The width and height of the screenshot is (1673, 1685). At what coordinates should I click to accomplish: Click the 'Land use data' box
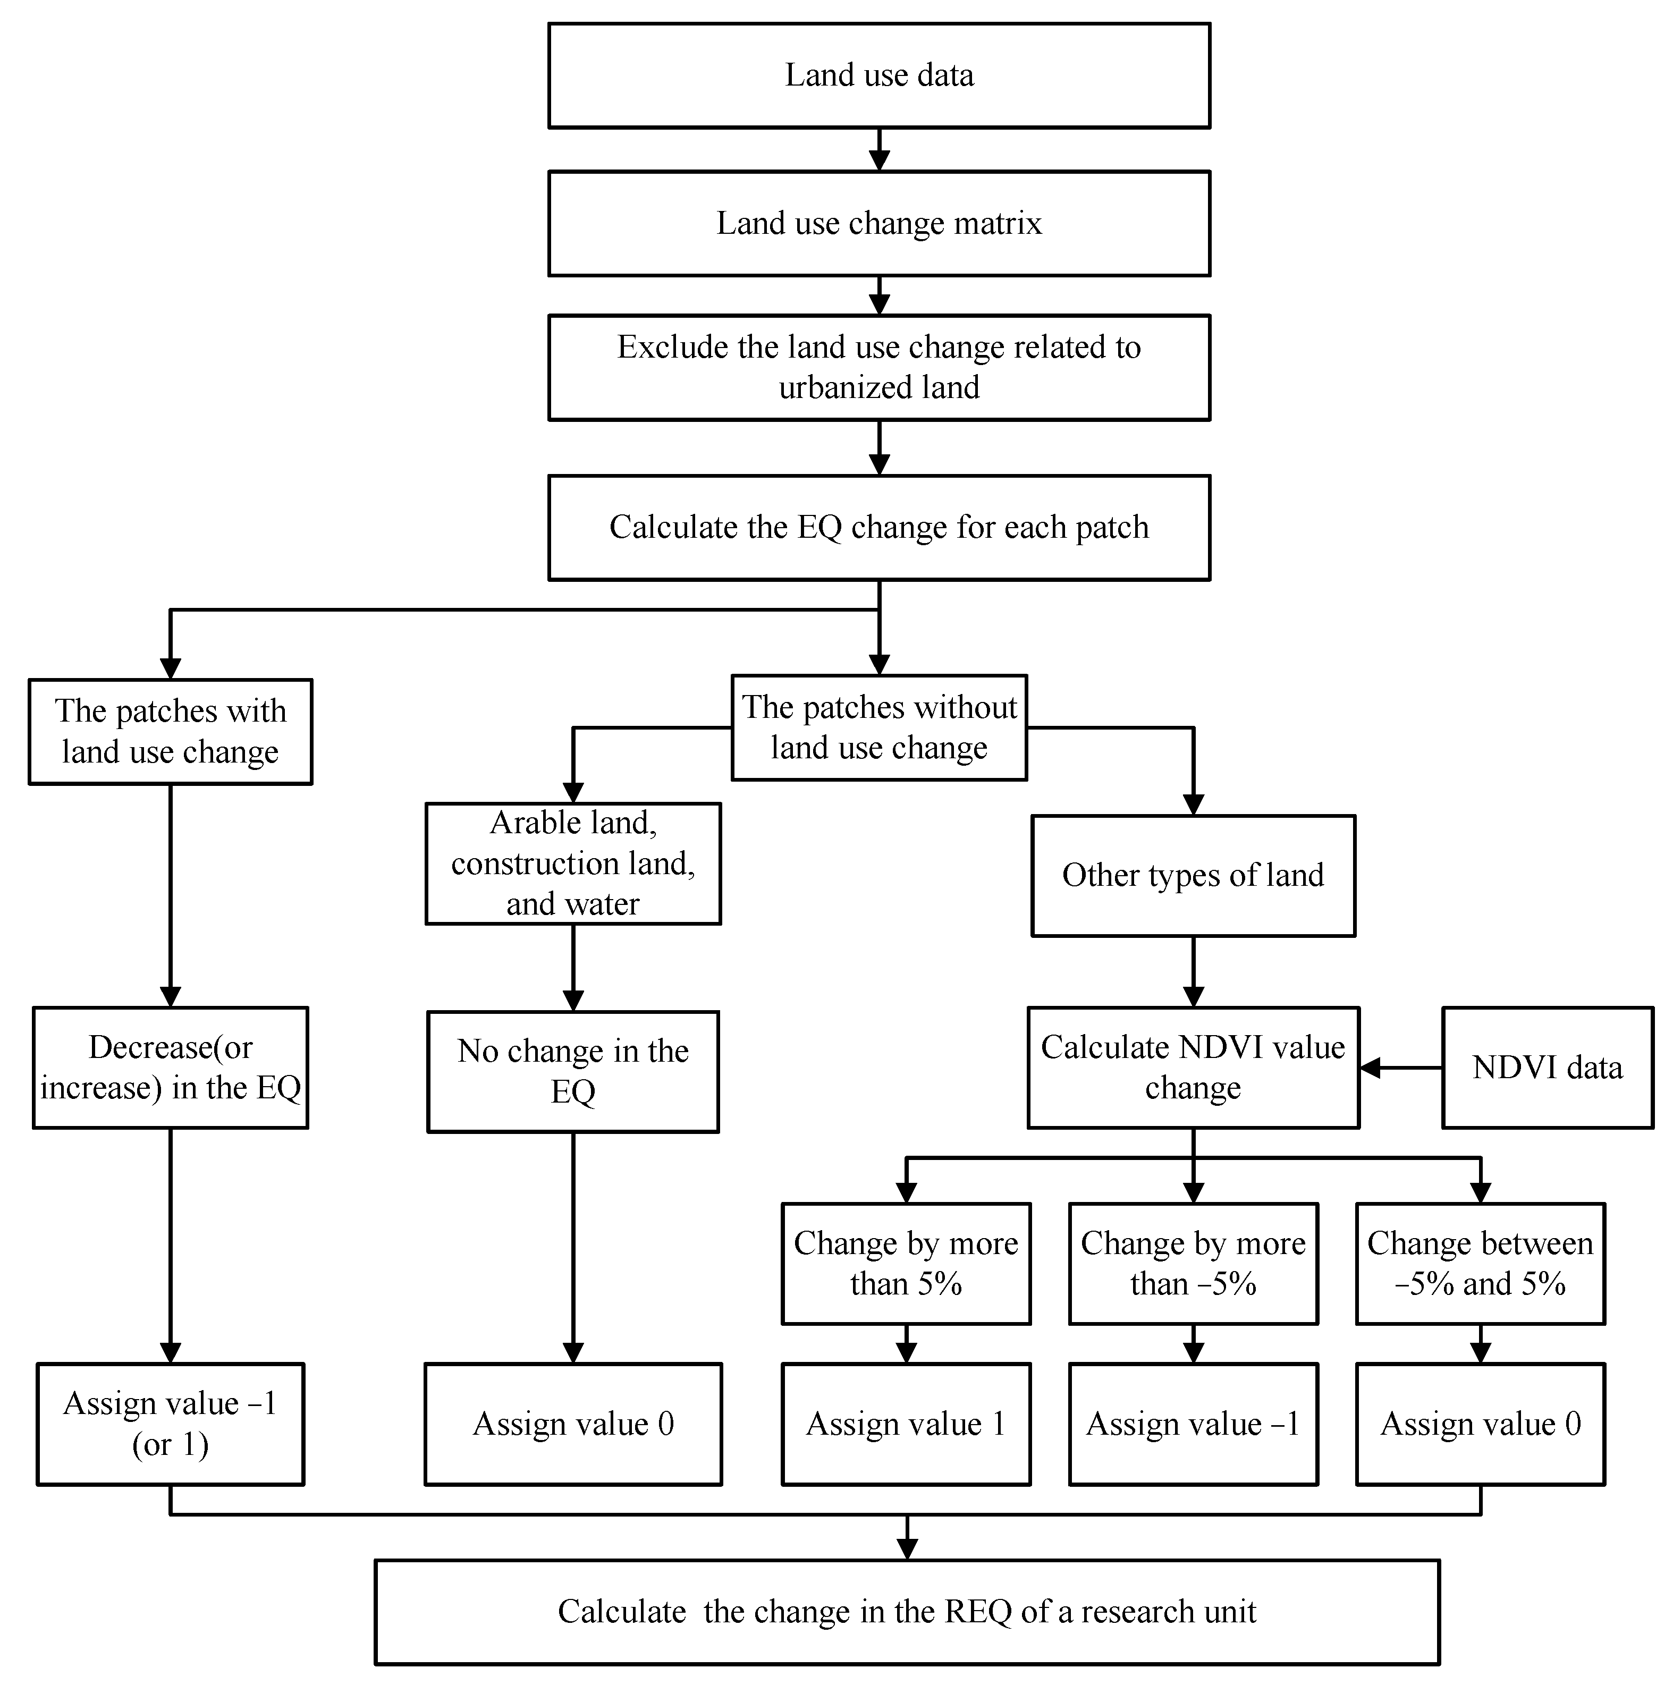coord(878,76)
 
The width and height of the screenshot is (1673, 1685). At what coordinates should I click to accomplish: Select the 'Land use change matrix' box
coord(878,223)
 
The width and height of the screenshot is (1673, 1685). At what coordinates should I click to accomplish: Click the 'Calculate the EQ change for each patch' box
coord(878,528)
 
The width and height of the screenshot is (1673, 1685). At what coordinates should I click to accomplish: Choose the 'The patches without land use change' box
coord(878,727)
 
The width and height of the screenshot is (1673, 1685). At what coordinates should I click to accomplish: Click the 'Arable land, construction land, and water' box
coord(572,863)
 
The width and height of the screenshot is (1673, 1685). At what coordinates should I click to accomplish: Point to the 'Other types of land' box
coord(1193,876)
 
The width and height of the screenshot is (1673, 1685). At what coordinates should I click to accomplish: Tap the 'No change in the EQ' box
coord(572,1071)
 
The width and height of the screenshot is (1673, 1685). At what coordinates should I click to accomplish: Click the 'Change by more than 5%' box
coord(906,1264)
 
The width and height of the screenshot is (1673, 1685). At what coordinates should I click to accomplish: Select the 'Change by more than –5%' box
coord(1193,1264)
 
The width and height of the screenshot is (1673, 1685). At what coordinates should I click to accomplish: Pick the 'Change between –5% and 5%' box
coord(1480,1264)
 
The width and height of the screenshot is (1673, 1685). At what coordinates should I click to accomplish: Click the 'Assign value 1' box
coord(906,1424)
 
